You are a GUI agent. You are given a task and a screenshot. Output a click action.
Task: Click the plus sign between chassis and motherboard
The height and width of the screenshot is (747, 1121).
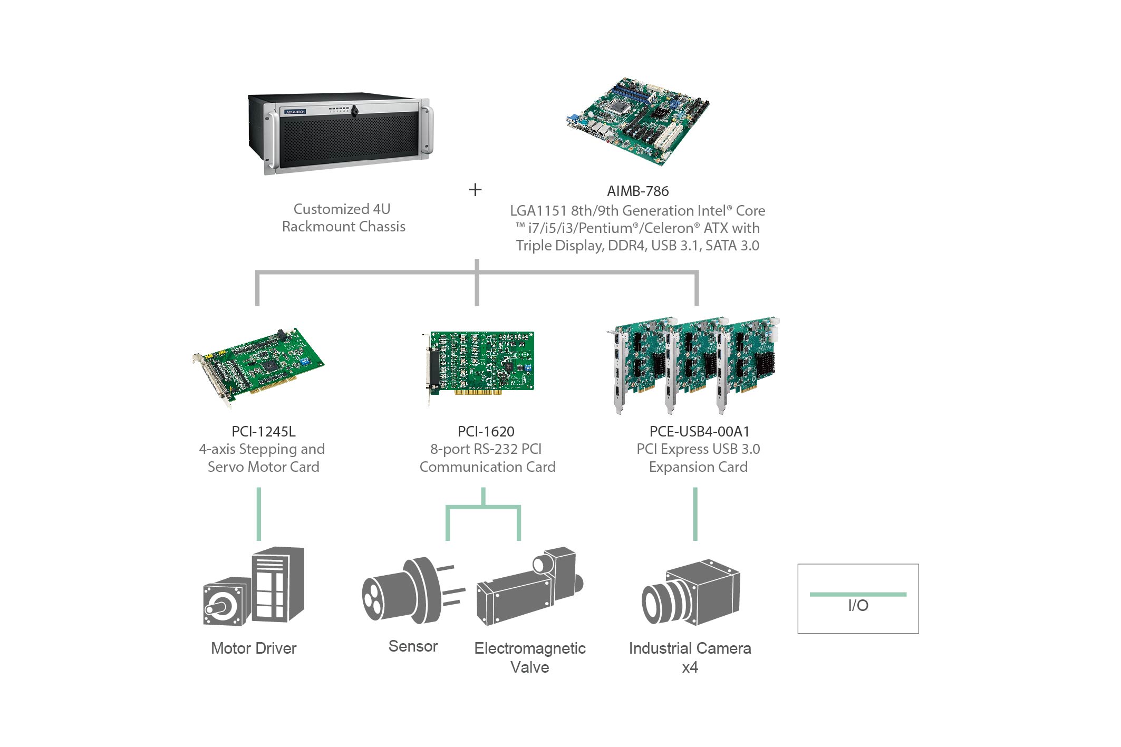[475, 190]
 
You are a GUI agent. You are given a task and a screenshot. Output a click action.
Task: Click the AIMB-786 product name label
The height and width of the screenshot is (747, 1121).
[637, 191]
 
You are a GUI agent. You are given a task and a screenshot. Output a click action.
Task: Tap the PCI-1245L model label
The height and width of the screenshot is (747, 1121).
[263, 431]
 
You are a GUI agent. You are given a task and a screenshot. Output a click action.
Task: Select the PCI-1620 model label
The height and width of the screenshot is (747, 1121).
[486, 431]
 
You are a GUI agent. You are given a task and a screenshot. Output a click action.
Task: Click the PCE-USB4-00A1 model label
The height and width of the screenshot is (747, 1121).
[699, 431]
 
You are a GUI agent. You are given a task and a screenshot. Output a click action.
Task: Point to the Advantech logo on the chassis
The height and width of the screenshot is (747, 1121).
[295, 112]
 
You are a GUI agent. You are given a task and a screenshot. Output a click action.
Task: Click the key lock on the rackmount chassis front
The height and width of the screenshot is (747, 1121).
[355, 111]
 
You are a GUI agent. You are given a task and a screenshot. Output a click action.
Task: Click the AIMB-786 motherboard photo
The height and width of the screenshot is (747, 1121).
[638, 121]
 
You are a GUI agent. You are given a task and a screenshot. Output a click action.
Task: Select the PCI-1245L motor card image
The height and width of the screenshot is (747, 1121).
[258, 366]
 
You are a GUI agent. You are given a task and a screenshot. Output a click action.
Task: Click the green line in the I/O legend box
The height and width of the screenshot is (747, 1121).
[858, 594]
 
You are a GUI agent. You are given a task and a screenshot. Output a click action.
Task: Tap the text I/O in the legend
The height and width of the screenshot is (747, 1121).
[858, 606]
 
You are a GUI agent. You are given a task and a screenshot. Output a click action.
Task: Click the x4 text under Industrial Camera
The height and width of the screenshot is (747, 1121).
[690, 667]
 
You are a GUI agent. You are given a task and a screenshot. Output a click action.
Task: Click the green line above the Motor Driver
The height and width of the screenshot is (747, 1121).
[258, 514]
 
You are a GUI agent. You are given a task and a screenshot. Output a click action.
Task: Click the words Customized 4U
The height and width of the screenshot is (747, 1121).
[342, 209]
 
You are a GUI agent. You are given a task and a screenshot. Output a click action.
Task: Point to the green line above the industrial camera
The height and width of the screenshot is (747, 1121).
[695, 514]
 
